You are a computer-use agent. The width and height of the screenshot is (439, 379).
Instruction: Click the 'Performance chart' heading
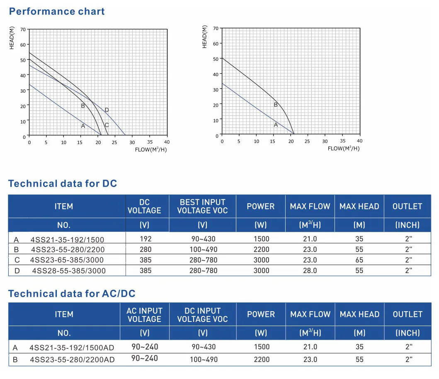pyautogui.click(x=57, y=11)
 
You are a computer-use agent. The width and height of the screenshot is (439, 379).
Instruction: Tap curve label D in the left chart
pyautogui.click(x=107, y=110)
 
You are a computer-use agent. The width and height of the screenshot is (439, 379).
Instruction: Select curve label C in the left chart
pyautogui.click(x=107, y=125)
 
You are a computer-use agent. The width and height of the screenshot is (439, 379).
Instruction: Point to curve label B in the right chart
pyautogui.click(x=276, y=105)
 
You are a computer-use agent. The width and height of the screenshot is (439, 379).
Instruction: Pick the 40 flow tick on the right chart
pyautogui.click(x=359, y=142)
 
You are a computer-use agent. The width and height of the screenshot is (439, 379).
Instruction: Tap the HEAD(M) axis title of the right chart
pyautogui.click(x=204, y=36)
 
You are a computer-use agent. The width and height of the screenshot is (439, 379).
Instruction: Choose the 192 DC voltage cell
pyautogui.click(x=146, y=239)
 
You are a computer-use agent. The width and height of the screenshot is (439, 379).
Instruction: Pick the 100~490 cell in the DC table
pyautogui.click(x=203, y=249)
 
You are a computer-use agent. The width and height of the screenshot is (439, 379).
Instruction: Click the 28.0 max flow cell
pyautogui.click(x=310, y=271)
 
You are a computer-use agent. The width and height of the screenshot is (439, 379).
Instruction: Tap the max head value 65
pyautogui.click(x=359, y=260)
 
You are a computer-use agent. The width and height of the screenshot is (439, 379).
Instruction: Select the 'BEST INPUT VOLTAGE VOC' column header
pyautogui.click(x=202, y=206)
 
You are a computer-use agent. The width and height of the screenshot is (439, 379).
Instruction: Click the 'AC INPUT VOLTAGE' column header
pyautogui.click(x=144, y=314)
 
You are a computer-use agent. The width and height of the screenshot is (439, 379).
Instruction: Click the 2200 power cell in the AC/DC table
pyautogui.click(x=261, y=360)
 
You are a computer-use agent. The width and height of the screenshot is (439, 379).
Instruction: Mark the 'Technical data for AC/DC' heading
pyautogui.click(x=72, y=294)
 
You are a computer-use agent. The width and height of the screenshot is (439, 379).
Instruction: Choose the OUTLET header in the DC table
pyautogui.click(x=407, y=206)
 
